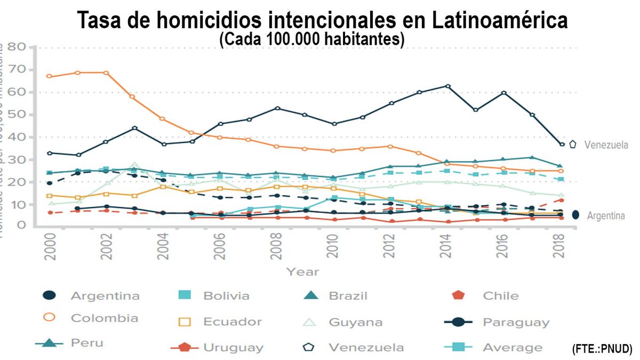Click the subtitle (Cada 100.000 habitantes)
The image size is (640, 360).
(x=312, y=40)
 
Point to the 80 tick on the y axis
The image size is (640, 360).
(x=16, y=47)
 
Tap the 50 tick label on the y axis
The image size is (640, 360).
(x=16, y=115)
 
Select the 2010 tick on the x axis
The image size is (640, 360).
(x=333, y=246)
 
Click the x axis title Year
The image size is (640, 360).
(x=302, y=272)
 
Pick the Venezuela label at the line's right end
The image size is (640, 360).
(x=606, y=145)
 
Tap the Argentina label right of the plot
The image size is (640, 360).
(x=606, y=216)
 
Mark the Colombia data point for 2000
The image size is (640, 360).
(x=49, y=76)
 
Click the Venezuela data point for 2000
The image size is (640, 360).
(x=49, y=153)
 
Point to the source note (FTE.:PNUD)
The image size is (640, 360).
(x=602, y=349)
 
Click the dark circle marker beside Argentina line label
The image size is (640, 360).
(x=575, y=214)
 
